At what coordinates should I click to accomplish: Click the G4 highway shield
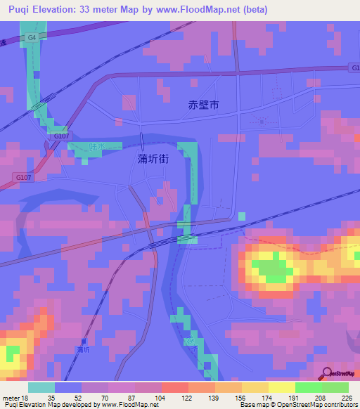pyautogui.click(x=32, y=37)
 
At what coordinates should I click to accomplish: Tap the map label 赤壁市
pyautogui.click(x=204, y=105)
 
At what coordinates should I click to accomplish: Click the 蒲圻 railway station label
pyautogui.click(x=84, y=349)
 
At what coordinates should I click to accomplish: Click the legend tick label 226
pyautogui.click(x=346, y=398)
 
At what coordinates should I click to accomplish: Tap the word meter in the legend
pyautogui.click(x=12, y=398)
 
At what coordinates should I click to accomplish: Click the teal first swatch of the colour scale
pyautogui.click(x=41, y=387)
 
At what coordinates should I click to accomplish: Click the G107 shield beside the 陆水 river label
pyautogui.click(x=62, y=136)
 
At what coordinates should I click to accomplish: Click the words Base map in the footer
pyautogui.click(x=250, y=405)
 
